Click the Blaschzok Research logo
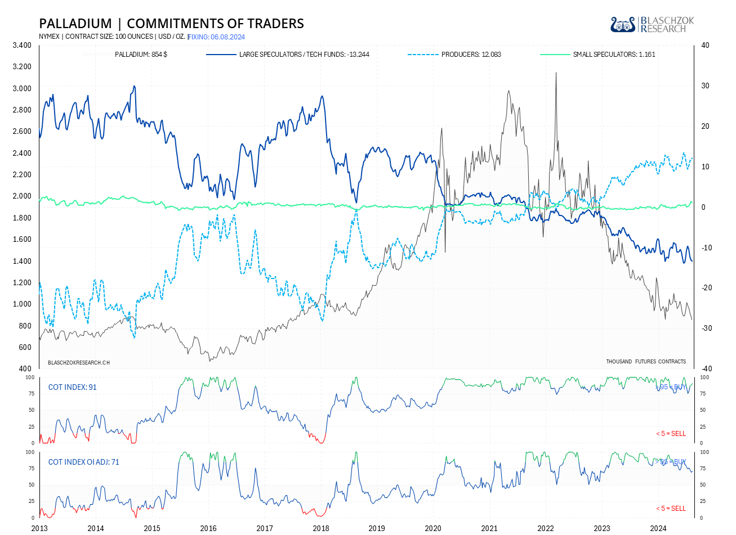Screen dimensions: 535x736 [652, 25]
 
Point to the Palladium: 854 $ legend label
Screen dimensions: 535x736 [141, 55]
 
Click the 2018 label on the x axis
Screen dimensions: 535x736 [321, 528]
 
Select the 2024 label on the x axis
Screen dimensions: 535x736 [658, 528]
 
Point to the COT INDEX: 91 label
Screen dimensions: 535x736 [72, 387]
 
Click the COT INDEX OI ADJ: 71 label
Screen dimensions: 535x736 [83, 462]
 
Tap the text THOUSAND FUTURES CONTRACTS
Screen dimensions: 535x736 [646, 362]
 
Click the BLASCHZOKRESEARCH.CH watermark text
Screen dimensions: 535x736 [79, 363]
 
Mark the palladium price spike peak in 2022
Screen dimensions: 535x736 [556, 73]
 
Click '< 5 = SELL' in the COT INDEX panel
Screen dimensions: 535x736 [671, 434]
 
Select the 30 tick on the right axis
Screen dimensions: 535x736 [705, 86]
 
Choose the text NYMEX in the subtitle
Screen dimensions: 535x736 [49, 37]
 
